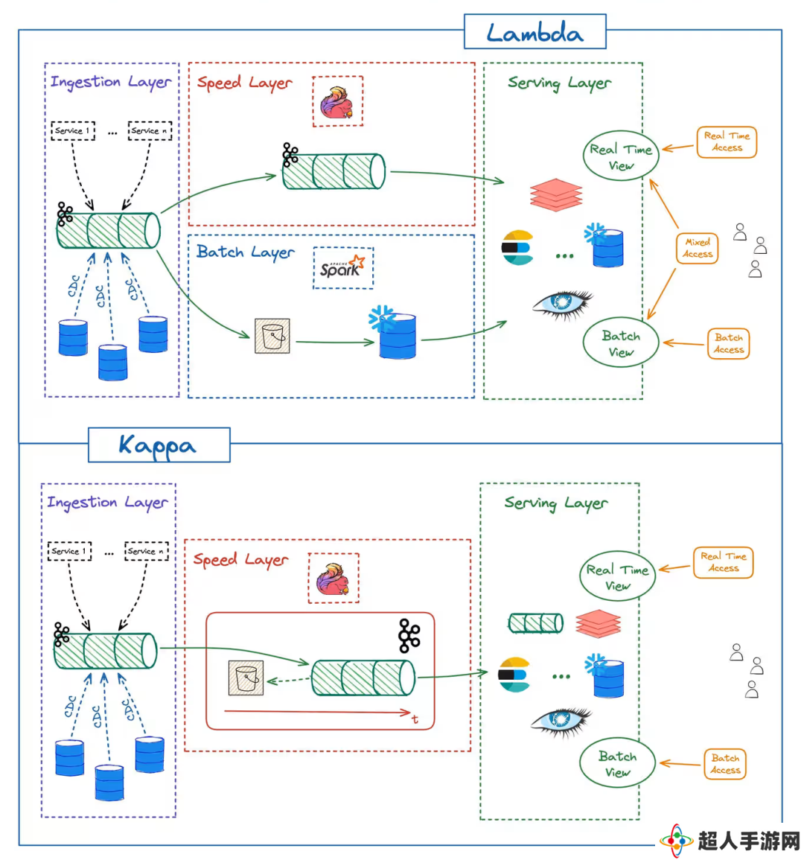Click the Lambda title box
pos(535,32)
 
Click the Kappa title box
pos(159,445)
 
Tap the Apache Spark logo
pos(342,267)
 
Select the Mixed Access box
pos(697,248)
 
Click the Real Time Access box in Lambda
pos(727,142)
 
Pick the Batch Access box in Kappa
pos(725,763)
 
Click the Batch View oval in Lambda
pos(621,343)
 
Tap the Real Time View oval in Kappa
pos(618,576)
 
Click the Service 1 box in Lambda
pos(73,131)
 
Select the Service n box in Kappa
pos(147,551)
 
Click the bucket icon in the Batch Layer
pos(272,336)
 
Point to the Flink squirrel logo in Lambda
pos(337,102)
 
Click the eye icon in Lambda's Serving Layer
pos(563,305)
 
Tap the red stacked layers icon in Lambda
pos(556,195)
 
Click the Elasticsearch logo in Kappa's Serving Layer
pos(514,675)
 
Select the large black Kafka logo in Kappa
pos(409,636)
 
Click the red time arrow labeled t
pos(318,713)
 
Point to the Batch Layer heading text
pos(245,252)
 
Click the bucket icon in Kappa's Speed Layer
pos(246,678)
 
